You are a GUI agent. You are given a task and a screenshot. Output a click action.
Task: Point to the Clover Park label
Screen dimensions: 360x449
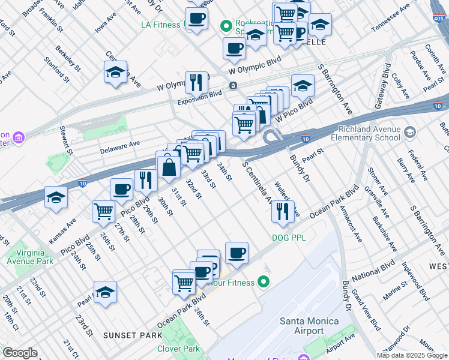click(178, 349)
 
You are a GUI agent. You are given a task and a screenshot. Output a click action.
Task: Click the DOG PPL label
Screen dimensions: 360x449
click(289, 238)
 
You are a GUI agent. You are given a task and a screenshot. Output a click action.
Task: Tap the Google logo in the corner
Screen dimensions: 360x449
click(19, 353)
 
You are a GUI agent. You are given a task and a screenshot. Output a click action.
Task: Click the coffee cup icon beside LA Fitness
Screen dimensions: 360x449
click(196, 18)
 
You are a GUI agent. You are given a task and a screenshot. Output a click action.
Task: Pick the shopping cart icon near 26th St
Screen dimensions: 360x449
click(104, 212)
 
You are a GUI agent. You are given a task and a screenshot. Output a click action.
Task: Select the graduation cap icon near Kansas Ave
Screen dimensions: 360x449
click(56, 198)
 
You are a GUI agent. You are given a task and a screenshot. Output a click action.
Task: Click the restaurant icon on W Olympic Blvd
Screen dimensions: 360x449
click(196, 83)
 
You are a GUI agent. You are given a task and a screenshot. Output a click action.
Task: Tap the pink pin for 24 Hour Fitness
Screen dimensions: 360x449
click(262, 281)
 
